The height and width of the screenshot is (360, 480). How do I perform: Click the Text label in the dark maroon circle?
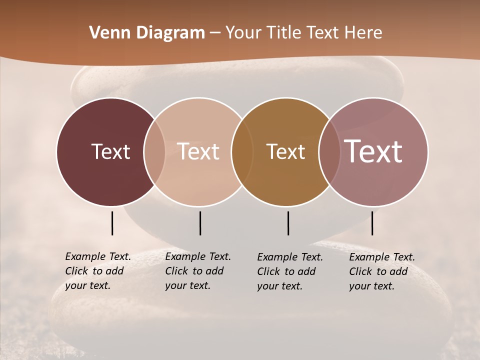pos(110,151)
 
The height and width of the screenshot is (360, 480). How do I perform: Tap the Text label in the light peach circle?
pos(198,151)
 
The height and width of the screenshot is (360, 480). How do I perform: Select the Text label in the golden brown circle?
pos(285,151)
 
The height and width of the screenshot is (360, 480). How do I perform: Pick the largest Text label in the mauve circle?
pos(373,151)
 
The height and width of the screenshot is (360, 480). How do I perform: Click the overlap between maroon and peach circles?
pos(154,151)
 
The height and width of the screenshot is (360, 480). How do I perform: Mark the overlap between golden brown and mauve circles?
pos(327,151)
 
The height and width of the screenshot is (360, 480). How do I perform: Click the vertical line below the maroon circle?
pos(112,223)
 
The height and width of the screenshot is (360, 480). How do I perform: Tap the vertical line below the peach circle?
pos(200,223)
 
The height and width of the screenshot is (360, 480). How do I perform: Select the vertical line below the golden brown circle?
pos(288,223)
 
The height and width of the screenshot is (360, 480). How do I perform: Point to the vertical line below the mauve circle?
pos(372,223)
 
